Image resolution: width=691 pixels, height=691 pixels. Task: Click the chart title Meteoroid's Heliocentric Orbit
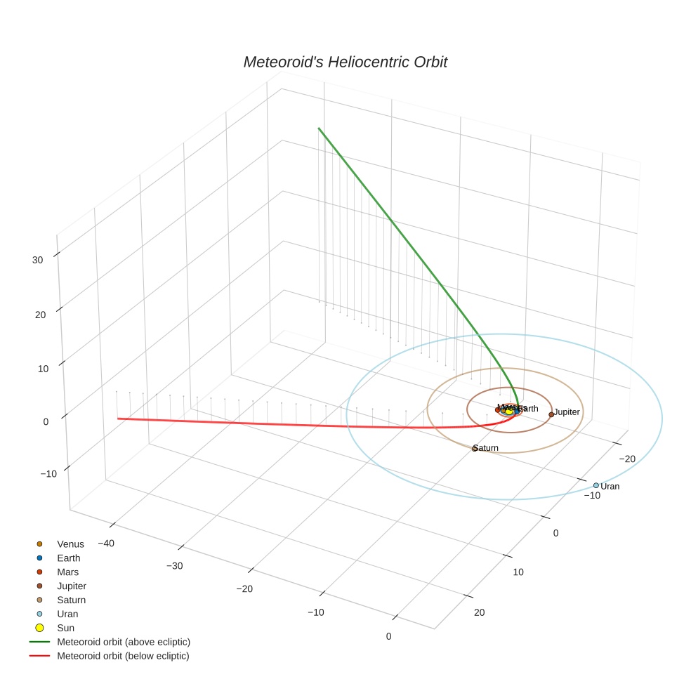tap(345, 62)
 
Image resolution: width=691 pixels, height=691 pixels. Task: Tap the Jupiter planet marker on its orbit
tap(551, 414)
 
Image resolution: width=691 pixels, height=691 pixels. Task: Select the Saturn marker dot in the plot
tap(475, 448)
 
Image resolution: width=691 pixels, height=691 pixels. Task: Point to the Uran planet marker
tap(596, 485)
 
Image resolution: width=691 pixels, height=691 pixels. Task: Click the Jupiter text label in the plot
tap(567, 412)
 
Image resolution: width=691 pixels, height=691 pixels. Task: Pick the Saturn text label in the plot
tap(486, 448)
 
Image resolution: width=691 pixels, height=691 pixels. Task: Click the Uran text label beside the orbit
tap(610, 487)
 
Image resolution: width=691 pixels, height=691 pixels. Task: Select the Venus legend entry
tap(70, 544)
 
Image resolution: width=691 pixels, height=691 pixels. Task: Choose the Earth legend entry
tap(68, 558)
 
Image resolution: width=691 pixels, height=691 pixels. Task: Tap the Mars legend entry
tap(67, 572)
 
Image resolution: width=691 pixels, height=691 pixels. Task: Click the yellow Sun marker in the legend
tap(39, 628)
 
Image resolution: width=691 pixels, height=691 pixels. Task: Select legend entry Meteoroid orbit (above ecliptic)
tap(123, 642)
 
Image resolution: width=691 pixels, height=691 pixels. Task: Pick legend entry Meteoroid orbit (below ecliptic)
tap(123, 656)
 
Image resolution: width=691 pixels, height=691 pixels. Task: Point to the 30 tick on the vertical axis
tap(38, 260)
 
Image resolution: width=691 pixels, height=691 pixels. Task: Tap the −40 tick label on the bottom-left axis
tap(106, 544)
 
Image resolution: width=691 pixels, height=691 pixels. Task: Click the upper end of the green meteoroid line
tap(319, 129)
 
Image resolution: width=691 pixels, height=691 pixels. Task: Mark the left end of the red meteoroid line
tap(118, 419)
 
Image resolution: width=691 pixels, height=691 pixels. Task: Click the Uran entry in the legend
tap(67, 614)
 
